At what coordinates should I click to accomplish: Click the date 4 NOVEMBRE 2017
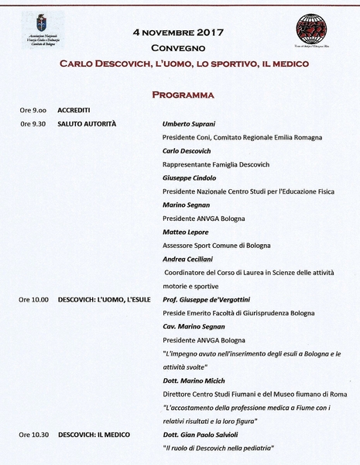(x=178, y=33)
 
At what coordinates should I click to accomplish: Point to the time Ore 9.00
(x=33, y=110)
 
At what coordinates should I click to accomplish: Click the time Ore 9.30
(x=33, y=123)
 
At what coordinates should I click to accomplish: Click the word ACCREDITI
(x=74, y=110)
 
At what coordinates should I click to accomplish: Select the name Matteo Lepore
(x=185, y=232)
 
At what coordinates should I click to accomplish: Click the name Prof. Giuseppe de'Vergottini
(x=210, y=299)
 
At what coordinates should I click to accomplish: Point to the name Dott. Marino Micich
(x=194, y=380)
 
